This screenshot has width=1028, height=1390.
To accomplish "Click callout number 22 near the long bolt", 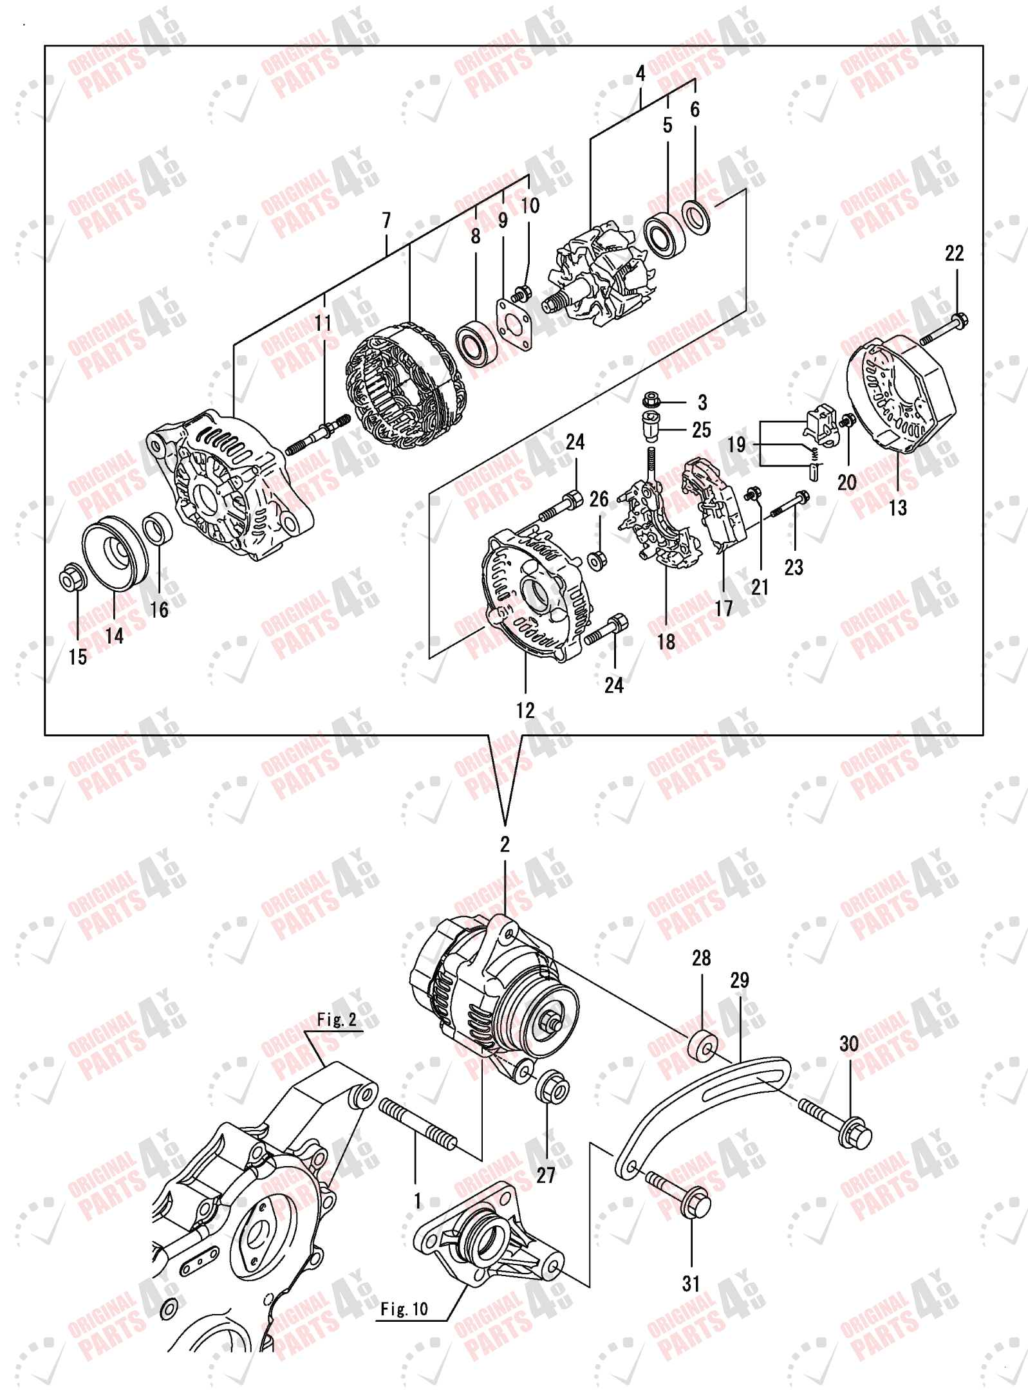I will pyautogui.click(x=953, y=254).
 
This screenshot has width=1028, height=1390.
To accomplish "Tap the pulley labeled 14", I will pyautogui.click(x=116, y=553).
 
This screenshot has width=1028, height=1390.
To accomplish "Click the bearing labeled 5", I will pyautogui.click(x=664, y=236).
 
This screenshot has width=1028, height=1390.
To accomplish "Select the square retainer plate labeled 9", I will pyautogui.click(x=514, y=324).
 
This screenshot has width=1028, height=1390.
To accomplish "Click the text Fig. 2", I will pyautogui.click(x=336, y=1019).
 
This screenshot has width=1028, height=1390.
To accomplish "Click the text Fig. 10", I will pyautogui.click(x=404, y=1309).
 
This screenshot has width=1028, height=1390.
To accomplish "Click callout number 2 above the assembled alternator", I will pyautogui.click(x=505, y=844).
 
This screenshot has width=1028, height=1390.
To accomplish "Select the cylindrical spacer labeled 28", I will pyautogui.click(x=701, y=1046).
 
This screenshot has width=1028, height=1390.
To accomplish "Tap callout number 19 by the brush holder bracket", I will pyautogui.click(x=736, y=445).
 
